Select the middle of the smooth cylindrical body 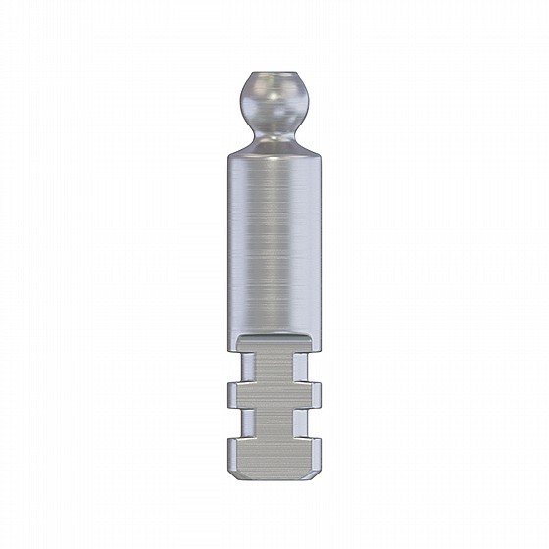tap(274, 245)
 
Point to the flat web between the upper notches tap(274, 365)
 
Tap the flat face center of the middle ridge tap(274, 395)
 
